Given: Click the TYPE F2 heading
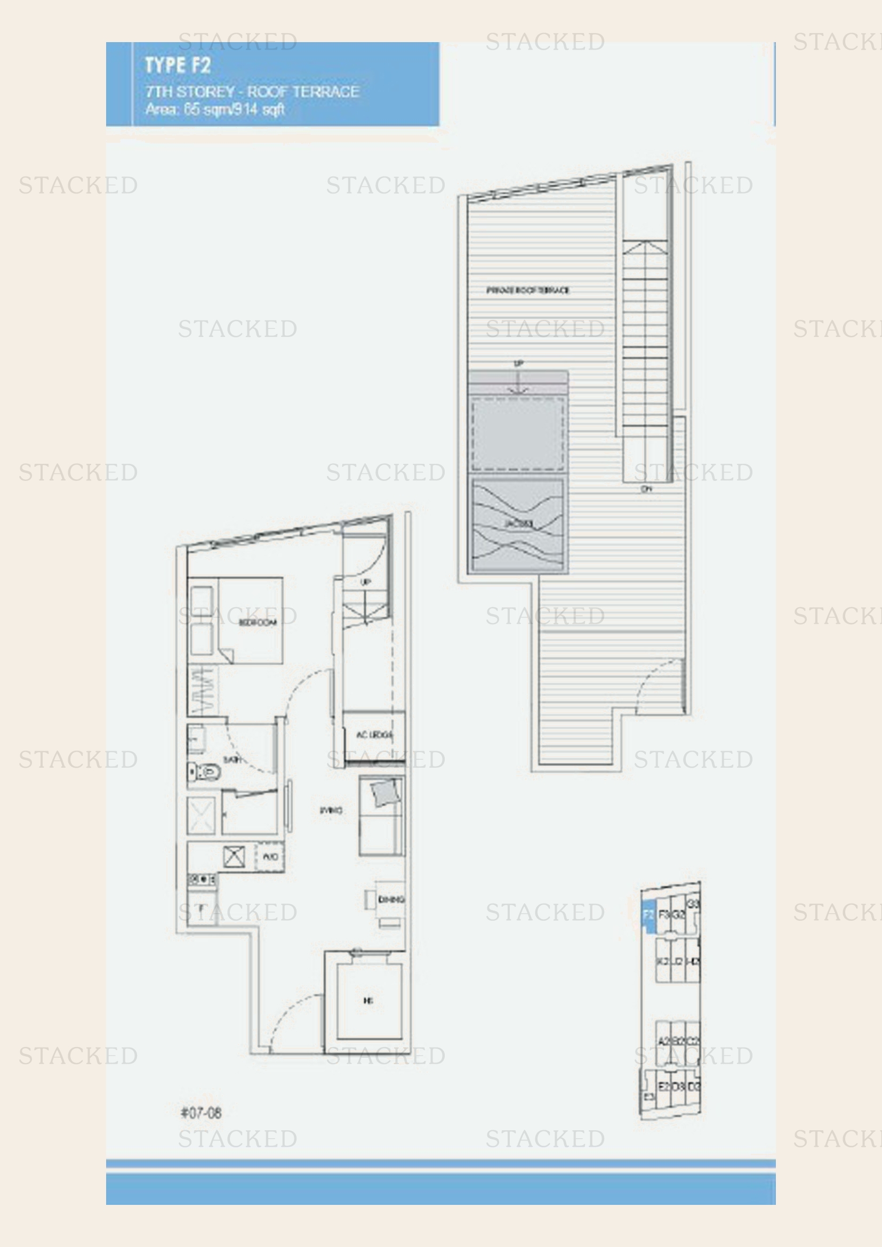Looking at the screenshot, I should coord(177,66).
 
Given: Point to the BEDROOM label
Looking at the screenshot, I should coord(258,622).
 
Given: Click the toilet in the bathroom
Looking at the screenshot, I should coord(204,771).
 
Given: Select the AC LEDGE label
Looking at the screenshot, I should coord(374,735).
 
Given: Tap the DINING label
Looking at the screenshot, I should coord(390,899).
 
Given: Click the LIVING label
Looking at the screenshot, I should coord(331,810).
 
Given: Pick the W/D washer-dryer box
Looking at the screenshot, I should coord(270,857).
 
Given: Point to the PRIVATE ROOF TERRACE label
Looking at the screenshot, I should coord(527,290).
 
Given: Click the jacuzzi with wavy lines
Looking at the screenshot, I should coord(518,524).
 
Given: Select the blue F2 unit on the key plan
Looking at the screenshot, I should coord(648,915).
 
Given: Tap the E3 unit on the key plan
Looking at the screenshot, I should coord(648,1097).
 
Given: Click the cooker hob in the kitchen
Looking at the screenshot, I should coord(202,879).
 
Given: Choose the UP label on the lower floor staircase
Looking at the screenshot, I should coord(365,582).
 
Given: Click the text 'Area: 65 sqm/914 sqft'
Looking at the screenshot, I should coord(214,109).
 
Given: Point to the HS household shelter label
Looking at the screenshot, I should coord(368,1000).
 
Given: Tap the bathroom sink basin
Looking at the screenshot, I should coord(196,739).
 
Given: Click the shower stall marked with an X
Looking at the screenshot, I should coord(201,815).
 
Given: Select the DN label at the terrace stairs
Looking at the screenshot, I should coord(646,489).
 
